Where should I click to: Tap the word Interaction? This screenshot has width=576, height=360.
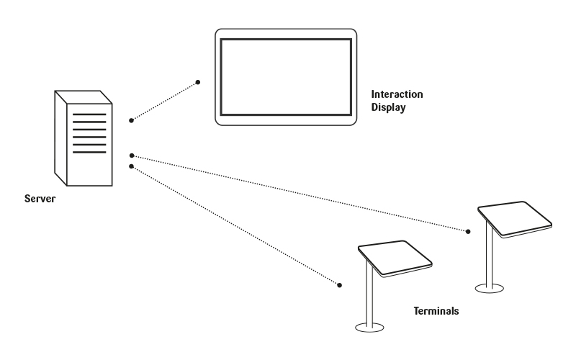(396, 94)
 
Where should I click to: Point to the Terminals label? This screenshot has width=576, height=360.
(436, 312)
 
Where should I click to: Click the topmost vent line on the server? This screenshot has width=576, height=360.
(90, 114)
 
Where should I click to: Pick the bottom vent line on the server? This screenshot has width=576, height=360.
(90, 152)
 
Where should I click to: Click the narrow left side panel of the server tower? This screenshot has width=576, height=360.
(60, 137)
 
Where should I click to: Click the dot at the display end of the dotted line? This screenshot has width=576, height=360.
(198, 82)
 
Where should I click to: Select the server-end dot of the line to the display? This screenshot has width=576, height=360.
(131, 120)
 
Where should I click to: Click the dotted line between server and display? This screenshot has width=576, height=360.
(164, 102)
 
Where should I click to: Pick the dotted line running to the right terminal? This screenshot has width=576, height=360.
(299, 193)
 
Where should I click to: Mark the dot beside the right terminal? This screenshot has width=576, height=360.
(468, 232)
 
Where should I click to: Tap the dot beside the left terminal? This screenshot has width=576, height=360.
(338, 284)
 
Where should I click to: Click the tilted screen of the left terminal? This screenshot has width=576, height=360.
(395, 258)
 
